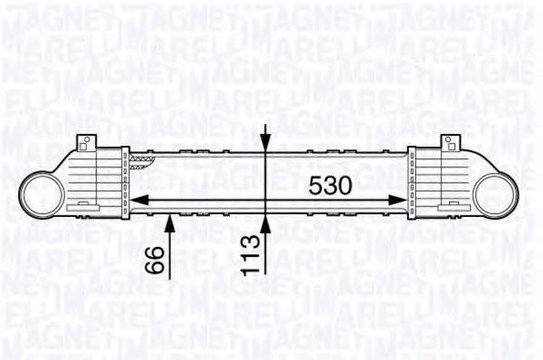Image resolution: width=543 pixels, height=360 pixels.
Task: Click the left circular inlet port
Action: [40, 195]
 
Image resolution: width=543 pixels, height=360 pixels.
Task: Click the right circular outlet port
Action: [500, 195]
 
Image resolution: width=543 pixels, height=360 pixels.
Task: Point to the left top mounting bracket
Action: [87, 143]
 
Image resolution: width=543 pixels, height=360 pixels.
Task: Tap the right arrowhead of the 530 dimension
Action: [399, 201]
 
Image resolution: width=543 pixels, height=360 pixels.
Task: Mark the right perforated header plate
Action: [414, 181]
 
